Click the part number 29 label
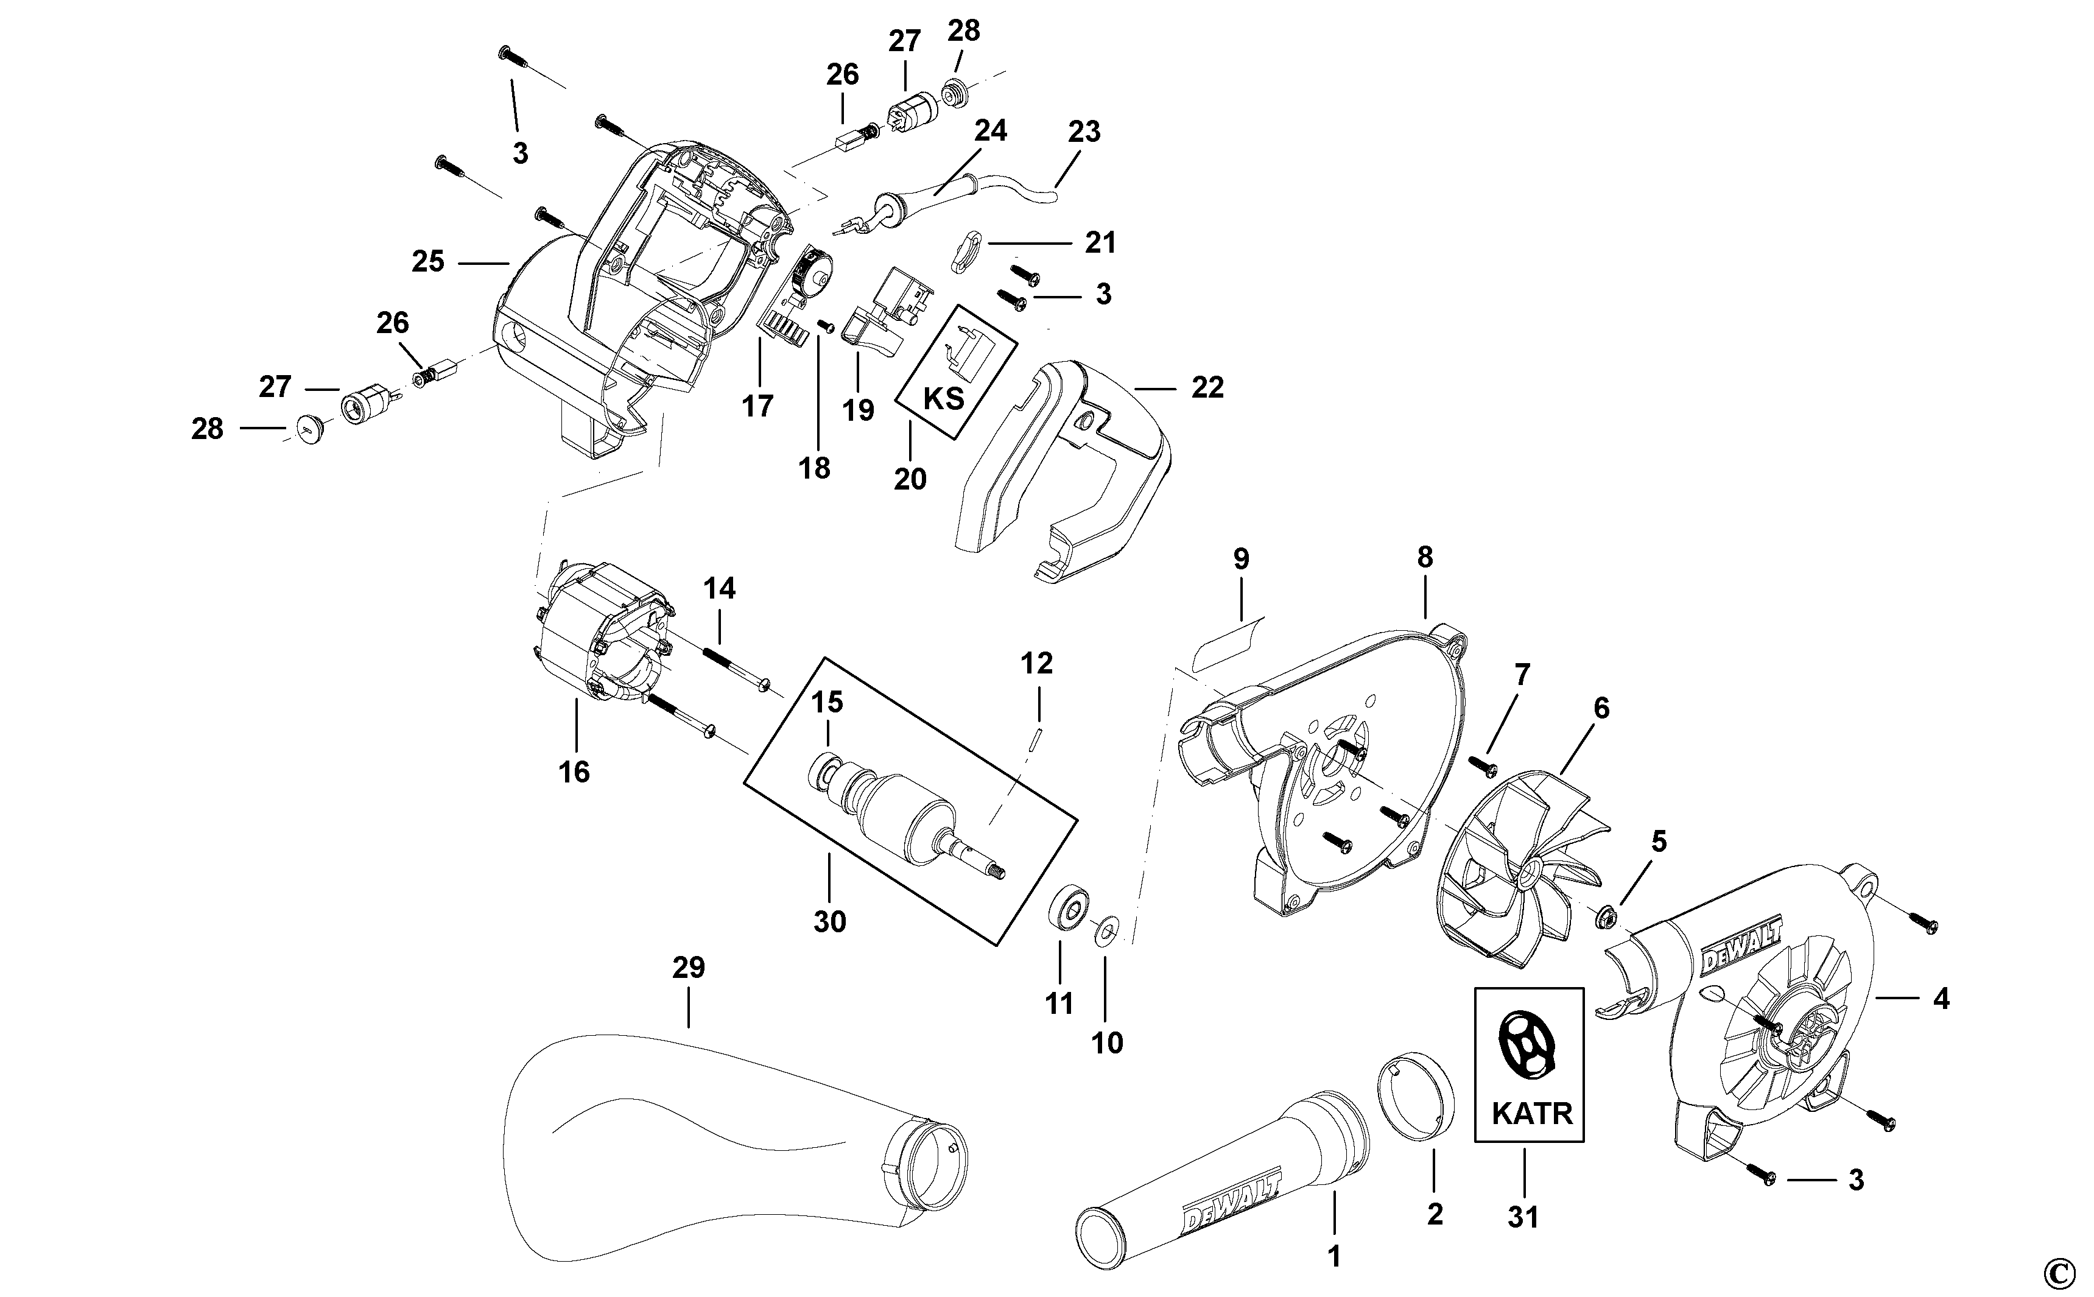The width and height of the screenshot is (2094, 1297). pos(689,968)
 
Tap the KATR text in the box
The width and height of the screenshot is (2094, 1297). pos(1531,1114)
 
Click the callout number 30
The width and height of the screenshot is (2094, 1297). pos(829,921)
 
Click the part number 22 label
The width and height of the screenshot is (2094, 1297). pos(1207,388)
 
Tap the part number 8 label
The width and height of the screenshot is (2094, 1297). pos(1424,558)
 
